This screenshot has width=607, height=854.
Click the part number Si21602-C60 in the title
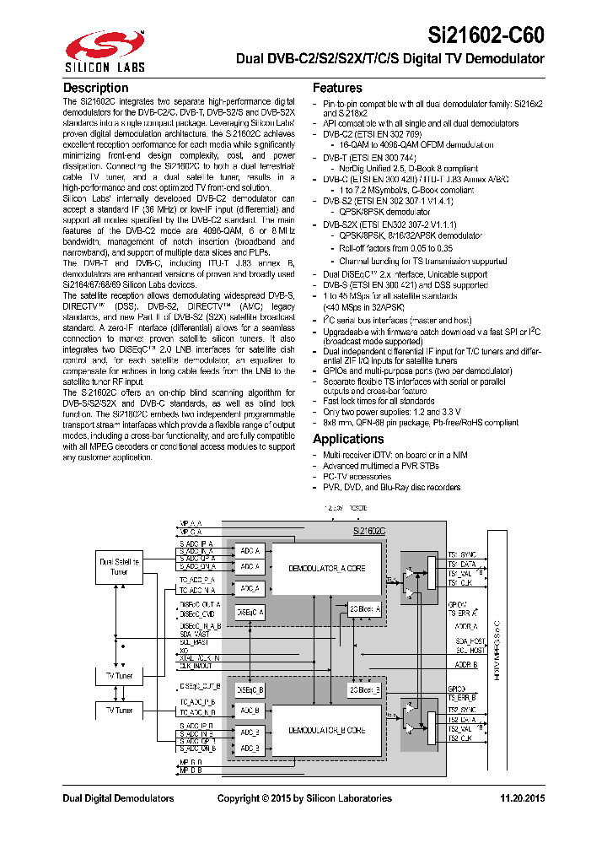coord(487,35)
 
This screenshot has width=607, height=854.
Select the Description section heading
coord(96,88)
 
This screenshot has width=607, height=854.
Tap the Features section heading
coord(337,88)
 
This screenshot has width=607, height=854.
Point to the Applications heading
coord(348,439)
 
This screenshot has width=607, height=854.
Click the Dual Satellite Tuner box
coord(119,566)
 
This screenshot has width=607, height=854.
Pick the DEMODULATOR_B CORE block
coord(326,730)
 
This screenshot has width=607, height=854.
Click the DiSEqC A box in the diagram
coord(250,612)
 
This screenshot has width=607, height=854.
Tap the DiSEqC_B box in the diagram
coord(250,690)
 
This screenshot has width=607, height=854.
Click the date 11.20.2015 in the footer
coord(523,798)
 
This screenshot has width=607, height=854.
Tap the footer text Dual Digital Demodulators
coord(118,798)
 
